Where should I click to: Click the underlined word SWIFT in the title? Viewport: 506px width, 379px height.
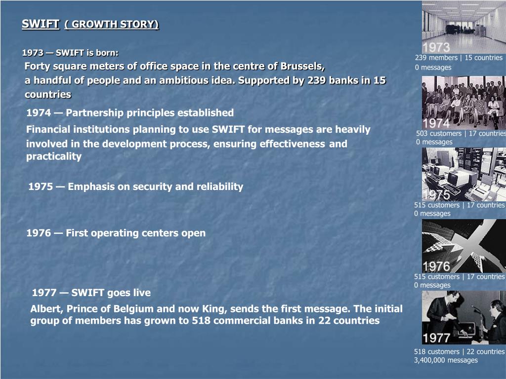click(41, 24)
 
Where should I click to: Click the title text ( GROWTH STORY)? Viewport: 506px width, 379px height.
click(112, 24)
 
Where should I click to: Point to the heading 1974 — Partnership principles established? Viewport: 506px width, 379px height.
click(130, 113)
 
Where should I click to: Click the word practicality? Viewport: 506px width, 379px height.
click(54, 156)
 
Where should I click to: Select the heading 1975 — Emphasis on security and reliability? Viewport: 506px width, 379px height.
click(136, 187)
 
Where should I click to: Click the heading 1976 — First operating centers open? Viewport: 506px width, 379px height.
click(116, 233)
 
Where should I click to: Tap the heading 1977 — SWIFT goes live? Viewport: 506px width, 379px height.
click(91, 293)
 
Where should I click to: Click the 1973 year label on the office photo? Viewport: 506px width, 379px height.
click(436, 47)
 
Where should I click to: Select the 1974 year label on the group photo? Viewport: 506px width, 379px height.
click(436, 123)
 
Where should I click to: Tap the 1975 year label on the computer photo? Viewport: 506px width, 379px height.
click(436, 194)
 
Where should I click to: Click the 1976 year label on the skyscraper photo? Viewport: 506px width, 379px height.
click(436, 266)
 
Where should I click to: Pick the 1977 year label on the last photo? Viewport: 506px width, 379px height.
click(436, 338)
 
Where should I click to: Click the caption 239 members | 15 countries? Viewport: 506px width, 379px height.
click(459, 58)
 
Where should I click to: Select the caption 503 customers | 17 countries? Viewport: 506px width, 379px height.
click(461, 133)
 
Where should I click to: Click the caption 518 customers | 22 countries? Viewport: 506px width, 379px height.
click(459, 352)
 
